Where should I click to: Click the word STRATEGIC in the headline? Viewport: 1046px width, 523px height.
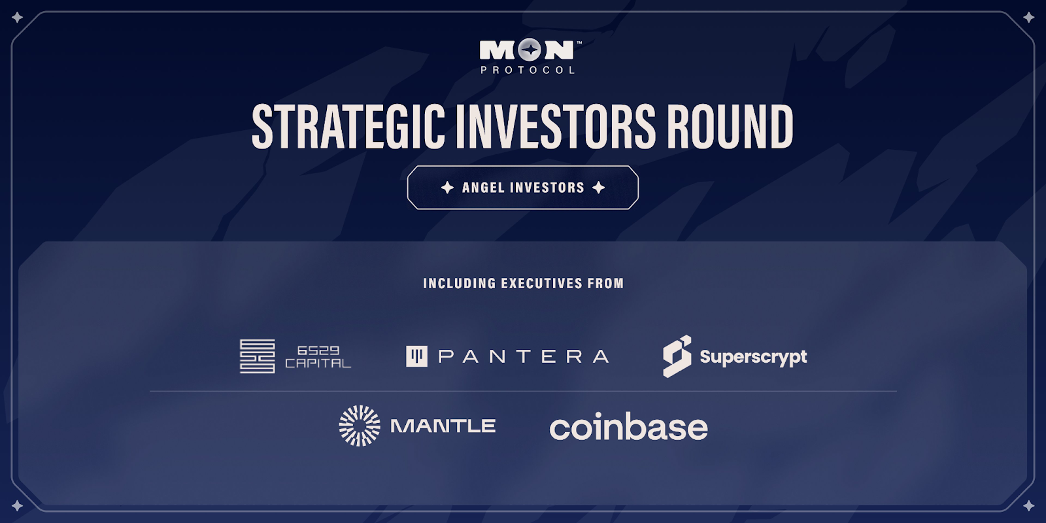(348, 126)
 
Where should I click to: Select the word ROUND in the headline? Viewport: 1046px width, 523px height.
(730, 126)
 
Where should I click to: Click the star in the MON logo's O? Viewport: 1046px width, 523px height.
(530, 50)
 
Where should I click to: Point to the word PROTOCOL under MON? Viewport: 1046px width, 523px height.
(528, 70)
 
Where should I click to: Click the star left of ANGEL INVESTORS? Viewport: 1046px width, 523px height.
(447, 188)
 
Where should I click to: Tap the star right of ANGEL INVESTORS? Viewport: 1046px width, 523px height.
(599, 188)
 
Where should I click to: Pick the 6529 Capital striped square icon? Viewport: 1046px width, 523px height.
(258, 356)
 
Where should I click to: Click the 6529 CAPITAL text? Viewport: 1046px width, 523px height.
(318, 357)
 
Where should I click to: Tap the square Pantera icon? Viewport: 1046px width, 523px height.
(416, 356)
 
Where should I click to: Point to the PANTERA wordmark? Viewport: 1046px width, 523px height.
(524, 357)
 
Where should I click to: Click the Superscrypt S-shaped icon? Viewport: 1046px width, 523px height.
(677, 356)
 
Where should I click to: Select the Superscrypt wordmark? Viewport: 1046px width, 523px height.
(753, 357)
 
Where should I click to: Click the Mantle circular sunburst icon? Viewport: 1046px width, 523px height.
(359, 426)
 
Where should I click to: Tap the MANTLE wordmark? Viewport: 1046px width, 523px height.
(443, 426)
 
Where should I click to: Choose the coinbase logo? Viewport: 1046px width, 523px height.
(628, 426)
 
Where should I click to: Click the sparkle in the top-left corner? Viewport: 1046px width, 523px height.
(17, 18)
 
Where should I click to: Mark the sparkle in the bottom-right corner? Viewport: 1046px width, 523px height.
(1029, 505)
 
